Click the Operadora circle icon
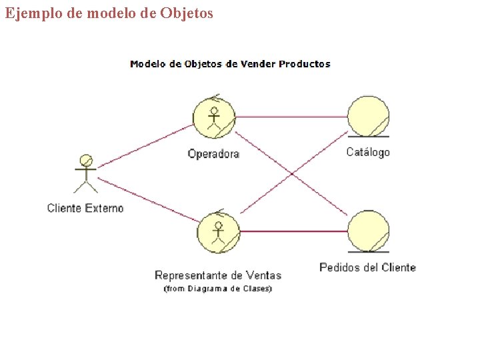(214, 117)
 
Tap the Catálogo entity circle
(368, 116)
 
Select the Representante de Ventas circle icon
(218, 232)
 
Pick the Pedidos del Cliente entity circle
(368, 231)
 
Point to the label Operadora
(213, 154)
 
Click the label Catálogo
(368, 153)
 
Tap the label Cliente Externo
(85, 208)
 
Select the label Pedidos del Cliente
(367, 267)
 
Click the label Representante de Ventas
(218, 275)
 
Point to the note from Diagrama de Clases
(218, 289)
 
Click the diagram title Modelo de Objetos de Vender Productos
(230, 64)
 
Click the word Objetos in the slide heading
(187, 13)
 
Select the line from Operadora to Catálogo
(291, 117)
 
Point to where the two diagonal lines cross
(292, 174)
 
